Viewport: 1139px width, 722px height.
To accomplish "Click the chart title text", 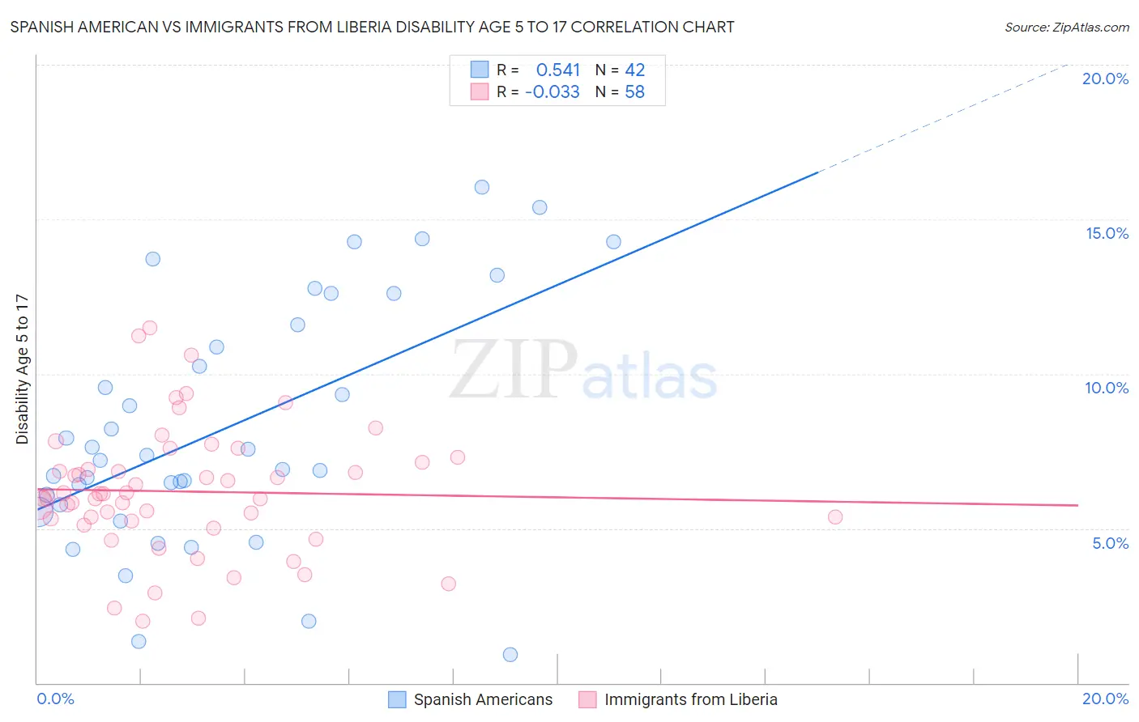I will (372, 27).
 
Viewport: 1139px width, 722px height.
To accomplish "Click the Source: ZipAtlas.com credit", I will (1066, 27).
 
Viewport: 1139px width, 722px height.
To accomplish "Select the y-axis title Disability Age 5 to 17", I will (22, 369).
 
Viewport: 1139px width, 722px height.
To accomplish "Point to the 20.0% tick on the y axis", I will (1105, 79).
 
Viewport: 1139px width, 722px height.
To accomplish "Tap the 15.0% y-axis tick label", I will (1107, 233).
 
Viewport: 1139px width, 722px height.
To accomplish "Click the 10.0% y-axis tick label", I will (1107, 388).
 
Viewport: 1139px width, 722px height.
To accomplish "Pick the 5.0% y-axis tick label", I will (1110, 543).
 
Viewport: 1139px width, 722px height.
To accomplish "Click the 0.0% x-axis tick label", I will (55, 699).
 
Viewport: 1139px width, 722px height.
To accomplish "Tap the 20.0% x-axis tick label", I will (1105, 699).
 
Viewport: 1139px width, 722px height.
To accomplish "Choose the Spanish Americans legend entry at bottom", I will (471, 699).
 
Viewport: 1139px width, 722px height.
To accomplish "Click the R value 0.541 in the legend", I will (558, 70).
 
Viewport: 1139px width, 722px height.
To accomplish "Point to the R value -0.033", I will (552, 92).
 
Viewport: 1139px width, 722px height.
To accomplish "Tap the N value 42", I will (634, 70).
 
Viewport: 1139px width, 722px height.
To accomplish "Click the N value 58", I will (634, 92).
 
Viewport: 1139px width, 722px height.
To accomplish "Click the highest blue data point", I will (482, 187).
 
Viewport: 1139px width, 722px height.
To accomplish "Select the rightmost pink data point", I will (835, 516).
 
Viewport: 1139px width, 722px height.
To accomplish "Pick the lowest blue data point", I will (510, 654).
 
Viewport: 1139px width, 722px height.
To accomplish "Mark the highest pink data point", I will (150, 328).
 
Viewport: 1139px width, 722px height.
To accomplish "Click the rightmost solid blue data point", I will (613, 242).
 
